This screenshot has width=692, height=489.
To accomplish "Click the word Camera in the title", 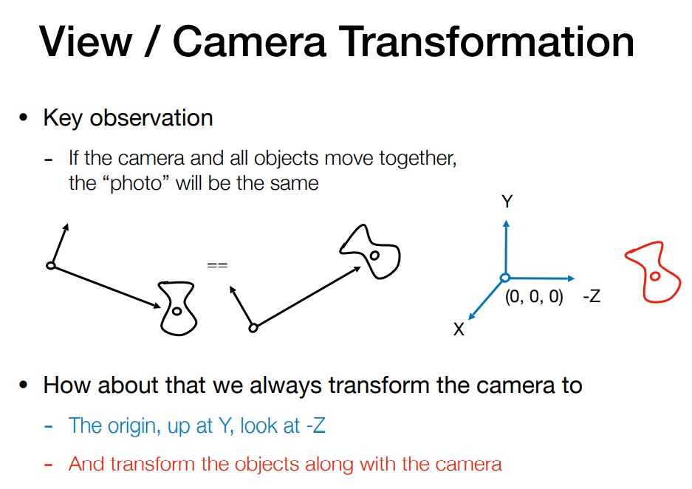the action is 250,41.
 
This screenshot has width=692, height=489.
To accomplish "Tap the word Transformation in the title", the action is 487,41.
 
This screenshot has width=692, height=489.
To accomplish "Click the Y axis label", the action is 507,202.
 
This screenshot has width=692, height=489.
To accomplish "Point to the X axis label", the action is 459,329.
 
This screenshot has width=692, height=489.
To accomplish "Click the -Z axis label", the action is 592,295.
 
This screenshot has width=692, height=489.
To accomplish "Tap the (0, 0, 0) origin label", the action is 534,297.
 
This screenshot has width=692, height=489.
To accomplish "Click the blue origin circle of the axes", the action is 505,278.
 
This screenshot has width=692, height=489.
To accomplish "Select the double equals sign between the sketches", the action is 217,265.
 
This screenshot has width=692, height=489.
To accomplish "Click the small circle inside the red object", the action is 655,277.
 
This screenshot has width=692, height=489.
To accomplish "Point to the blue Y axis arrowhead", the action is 506,223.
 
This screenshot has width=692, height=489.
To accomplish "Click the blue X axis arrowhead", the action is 472,315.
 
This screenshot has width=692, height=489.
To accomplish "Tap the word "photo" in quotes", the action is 137,184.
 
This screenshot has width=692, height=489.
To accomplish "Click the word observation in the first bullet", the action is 151,118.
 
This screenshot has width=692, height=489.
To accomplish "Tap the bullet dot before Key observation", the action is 24,118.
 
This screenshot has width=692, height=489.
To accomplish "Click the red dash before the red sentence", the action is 49,465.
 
